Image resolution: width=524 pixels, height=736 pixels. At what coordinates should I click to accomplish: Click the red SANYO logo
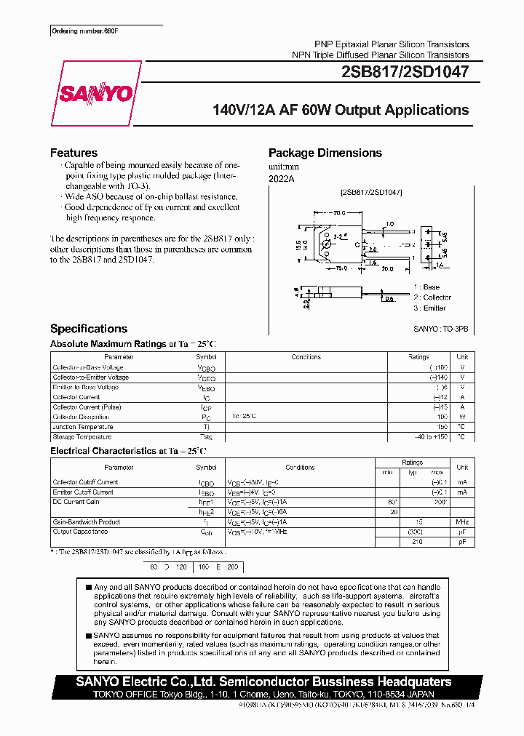coord(106,93)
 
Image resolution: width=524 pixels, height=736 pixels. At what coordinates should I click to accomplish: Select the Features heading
coord(74,153)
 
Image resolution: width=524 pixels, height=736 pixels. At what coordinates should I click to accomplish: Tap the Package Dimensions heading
coord(325,153)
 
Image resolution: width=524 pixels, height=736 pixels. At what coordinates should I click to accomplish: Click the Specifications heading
coord(88,329)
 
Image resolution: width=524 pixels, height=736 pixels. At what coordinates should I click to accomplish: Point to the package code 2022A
coord(281,177)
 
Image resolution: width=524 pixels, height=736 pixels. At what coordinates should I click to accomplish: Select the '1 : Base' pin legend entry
coord(426,287)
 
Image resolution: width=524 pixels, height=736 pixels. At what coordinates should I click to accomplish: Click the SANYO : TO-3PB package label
coord(441,329)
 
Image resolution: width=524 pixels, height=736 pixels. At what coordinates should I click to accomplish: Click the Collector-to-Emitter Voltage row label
coord(91,377)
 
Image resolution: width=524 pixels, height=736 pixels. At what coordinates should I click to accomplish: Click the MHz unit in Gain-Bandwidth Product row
coord(461,521)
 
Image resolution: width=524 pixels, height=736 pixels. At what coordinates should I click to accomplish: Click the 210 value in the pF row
coord(417,542)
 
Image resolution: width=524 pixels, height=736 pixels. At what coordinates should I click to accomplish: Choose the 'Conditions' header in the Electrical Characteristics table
coord(300,468)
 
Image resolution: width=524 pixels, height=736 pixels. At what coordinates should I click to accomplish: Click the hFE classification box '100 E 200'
coord(218,566)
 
